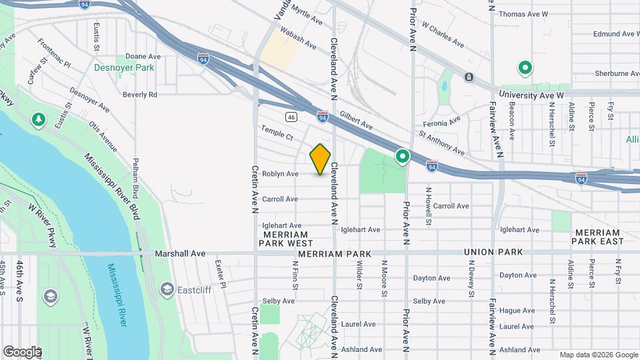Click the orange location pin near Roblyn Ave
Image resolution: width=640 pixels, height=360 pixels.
click(x=320, y=159)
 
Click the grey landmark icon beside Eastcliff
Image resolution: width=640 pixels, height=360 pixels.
click(x=166, y=289)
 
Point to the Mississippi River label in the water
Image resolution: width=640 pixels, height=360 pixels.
click(x=117, y=294)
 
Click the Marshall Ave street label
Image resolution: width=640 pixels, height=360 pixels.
click(x=181, y=254)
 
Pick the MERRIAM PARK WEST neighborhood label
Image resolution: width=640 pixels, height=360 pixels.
click(x=285, y=239)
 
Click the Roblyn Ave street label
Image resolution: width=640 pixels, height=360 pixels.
click(x=280, y=174)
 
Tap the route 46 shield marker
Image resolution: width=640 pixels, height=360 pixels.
click(x=291, y=117)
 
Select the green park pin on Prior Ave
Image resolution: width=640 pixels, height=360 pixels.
click(x=402, y=156)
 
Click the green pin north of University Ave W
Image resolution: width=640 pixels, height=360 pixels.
click(x=525, y=67)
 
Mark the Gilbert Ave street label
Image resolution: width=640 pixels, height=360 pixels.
click(x=356, y=120)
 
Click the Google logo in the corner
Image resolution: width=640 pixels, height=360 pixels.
click(x=21, y=351)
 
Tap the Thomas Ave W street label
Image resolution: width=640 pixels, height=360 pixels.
click(x=523, y=14)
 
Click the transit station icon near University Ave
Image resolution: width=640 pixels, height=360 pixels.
click(x=469, y=77)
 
